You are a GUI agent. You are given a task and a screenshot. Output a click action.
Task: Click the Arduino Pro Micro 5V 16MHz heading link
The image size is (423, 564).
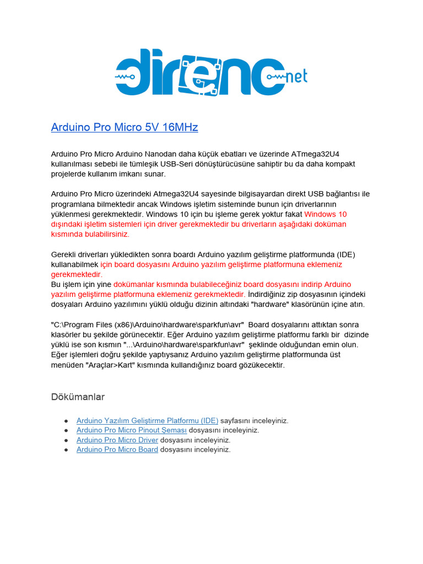[x=124, y=127]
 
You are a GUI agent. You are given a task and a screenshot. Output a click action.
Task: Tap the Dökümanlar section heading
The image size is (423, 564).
[x=78, y=397]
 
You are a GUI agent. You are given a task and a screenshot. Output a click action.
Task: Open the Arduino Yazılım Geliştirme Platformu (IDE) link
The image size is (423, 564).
[x=147, y=421]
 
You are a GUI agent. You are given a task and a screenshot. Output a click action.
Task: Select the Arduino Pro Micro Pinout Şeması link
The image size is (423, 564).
[x=132, y=430]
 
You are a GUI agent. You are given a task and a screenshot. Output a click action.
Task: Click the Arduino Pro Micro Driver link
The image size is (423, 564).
[x=117, y=440]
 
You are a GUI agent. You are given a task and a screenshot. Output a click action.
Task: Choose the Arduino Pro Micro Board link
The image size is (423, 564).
[x=117, y=449]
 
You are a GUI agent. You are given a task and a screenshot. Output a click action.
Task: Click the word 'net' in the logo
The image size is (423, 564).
[x=297, y=77]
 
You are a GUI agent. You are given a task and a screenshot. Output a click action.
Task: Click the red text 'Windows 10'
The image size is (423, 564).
[x=326, y=214]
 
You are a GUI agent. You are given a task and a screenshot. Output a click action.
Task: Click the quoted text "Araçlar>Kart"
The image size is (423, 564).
[x=110, y=365]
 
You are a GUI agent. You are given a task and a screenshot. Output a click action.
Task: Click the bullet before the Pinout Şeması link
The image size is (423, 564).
[x=66, y=430]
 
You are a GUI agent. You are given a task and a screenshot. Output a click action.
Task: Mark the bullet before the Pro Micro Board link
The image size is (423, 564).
[x=66, y=450]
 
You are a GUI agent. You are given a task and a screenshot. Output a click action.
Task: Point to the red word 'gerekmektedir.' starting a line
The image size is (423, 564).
[x=77, y=274]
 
